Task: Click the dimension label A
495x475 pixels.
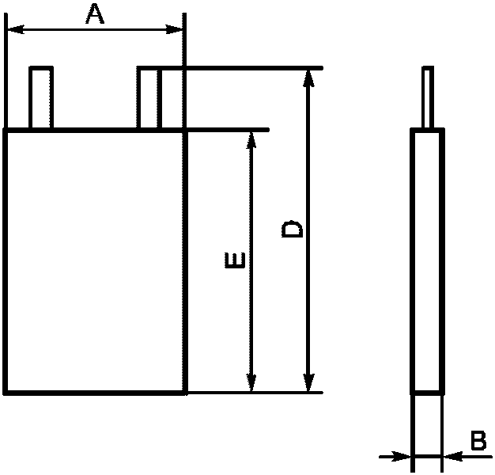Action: click(x=95, y=13)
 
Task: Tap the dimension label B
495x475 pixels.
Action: click(x=478, y=441)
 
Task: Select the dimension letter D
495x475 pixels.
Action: click(x=293, y=229)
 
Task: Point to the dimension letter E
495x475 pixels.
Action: click(x=235, y=260)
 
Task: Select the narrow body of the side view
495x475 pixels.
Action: click(x=427, y=260)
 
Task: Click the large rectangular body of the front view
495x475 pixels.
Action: click(x=95, y=260)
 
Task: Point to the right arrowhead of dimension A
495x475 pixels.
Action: click(x=176, y=30)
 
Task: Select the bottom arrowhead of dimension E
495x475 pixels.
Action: click(x=251, y=383)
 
